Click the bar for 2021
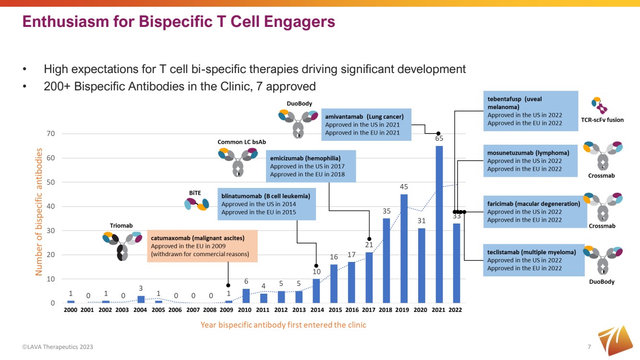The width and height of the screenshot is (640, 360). click(x=439, y=224)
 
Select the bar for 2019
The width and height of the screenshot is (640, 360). click(x=404, y=248)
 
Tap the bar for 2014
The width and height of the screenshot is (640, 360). click(x=316, y=291)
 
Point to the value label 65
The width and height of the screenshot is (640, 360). click(x=439, y=138)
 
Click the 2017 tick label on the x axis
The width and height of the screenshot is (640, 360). click(x=368, y=310)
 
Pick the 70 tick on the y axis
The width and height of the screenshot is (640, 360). click(x=50, y=134)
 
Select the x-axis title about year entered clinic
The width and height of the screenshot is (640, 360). click(x=283, y=325)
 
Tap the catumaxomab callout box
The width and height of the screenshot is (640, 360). click(x=202, y=246)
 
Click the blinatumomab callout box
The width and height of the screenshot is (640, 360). click(x=266, y=204)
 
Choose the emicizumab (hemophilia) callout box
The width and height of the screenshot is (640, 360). click(x=311, y=166)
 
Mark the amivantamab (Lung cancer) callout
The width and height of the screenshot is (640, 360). click(x=366, y=124)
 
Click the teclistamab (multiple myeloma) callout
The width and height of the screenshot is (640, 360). click(x=532, y=260)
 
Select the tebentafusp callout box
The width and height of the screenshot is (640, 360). click(x=529, y=111)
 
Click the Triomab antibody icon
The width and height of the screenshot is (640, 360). click(x=121, y=244)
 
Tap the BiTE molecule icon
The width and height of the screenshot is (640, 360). click(x=196, y=204)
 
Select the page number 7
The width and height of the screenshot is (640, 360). click(x=589, y=347)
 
